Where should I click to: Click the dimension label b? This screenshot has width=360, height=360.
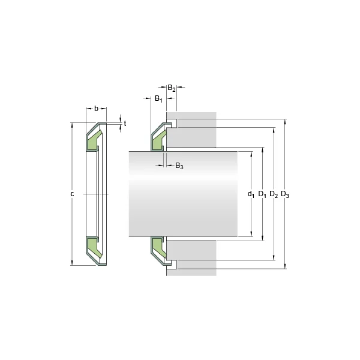96,109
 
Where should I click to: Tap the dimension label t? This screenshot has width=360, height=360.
125,123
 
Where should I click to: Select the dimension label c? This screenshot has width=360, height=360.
72,194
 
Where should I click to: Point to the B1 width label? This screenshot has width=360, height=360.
158,98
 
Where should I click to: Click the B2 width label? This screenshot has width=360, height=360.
171,88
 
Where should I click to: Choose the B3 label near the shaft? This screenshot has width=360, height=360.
179,166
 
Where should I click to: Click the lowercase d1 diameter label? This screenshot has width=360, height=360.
251,194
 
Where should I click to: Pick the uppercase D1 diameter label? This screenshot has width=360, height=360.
262,194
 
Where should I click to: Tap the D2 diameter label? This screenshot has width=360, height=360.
273,194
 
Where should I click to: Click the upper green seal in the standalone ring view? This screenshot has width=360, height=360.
94,142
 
